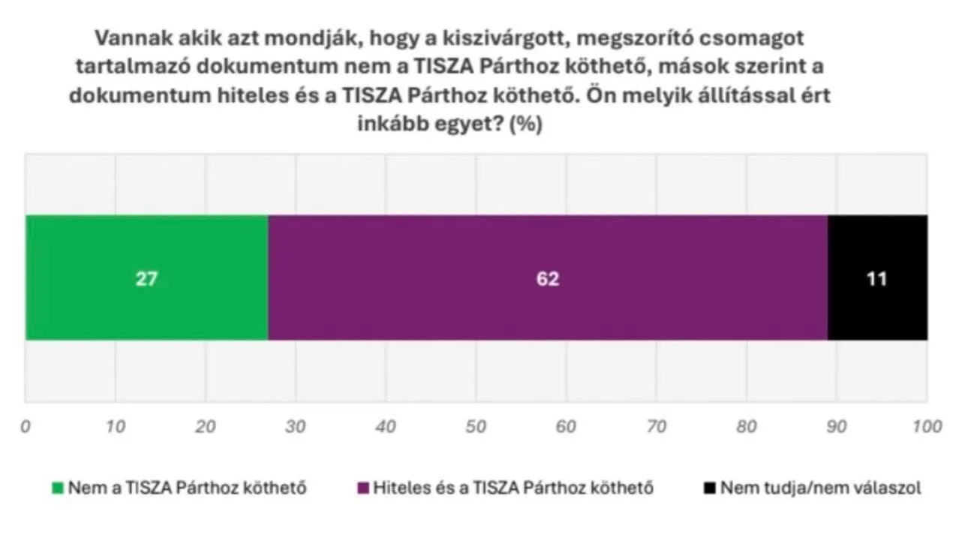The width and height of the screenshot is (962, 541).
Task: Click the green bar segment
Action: (x=146, y=248)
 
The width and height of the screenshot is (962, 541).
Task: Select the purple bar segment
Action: (x=548, y=248)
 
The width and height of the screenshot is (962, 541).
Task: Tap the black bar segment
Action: (x=877, y=248)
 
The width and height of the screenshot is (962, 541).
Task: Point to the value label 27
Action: (x=147, y=279)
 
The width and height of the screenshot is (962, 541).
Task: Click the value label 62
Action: (x=549, y=279)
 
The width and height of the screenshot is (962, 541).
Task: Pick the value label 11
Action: (x=876, y=279)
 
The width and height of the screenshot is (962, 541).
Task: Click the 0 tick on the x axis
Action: (x=26, y=427)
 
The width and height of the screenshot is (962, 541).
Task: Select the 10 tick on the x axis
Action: (x=115, y=427)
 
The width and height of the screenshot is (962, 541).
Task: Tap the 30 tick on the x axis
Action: (x=296, y=427)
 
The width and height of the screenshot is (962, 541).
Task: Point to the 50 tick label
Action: (x=476, y=427)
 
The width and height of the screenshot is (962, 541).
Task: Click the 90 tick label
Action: (x=836, y=427)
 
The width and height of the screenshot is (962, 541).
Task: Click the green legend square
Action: (x=58, y=488)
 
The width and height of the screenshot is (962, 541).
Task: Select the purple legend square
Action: (x=363, y=488)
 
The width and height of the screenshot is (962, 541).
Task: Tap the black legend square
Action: (x=709, y=488)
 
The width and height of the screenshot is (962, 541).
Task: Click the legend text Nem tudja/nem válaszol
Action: (x=821, y=488)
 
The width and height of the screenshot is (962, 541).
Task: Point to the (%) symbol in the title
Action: (x=525, y=125)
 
